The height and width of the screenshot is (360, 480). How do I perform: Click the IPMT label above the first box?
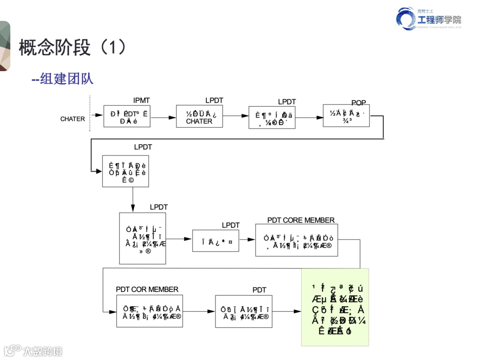point(141,101)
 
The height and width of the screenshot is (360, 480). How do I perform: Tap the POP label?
point(359,103)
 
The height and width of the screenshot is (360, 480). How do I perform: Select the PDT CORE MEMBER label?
point(301,220)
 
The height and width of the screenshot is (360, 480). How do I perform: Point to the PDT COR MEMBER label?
point(147,289)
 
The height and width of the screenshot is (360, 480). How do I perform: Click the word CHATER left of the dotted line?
point(72,119)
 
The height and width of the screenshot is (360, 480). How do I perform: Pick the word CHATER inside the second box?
point(199,121)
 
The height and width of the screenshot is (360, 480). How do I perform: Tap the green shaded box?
point(335,307)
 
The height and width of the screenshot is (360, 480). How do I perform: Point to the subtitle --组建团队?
point(63,79)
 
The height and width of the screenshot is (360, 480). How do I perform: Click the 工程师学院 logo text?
point(439,20)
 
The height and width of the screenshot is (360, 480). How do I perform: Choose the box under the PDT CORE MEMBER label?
point(296,240)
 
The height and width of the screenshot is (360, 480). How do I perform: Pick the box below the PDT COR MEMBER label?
point(149,311)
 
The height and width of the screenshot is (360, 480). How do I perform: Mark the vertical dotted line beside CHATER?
point(90,113)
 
